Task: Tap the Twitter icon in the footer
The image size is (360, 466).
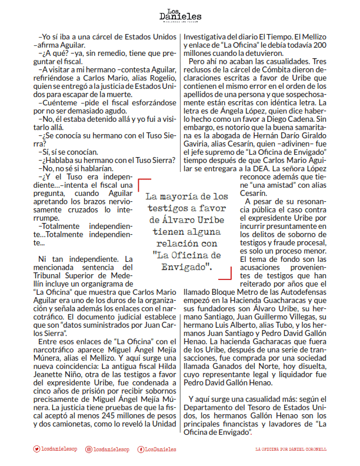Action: point(36,449)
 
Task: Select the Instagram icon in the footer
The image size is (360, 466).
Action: point(89,449)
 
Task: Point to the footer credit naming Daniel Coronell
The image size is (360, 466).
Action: point(291,449)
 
